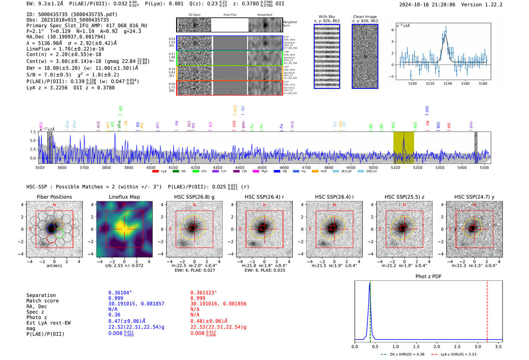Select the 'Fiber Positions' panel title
[x=54, y=197]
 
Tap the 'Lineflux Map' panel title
[x=124, y=197]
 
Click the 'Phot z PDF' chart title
[x=428, y=277]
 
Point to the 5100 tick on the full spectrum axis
[x=395, y=168]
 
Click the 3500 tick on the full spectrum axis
[x=40, y=168]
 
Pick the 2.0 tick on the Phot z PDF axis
[x=437, y=346]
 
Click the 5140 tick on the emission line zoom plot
[x=448, y=83]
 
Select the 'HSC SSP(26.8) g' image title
[x=194, y=197]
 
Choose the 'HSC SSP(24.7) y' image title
[x=474, y=197]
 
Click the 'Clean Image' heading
[x=365, y=17]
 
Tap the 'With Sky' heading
[x=327, y=17]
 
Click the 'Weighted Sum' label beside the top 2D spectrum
[x=290, y=24]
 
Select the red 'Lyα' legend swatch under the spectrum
[x=155, y=172]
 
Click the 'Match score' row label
[x=42, y=301]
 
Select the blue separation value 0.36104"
[x=120, y=293]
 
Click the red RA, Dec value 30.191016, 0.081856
[x=218, y=304]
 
